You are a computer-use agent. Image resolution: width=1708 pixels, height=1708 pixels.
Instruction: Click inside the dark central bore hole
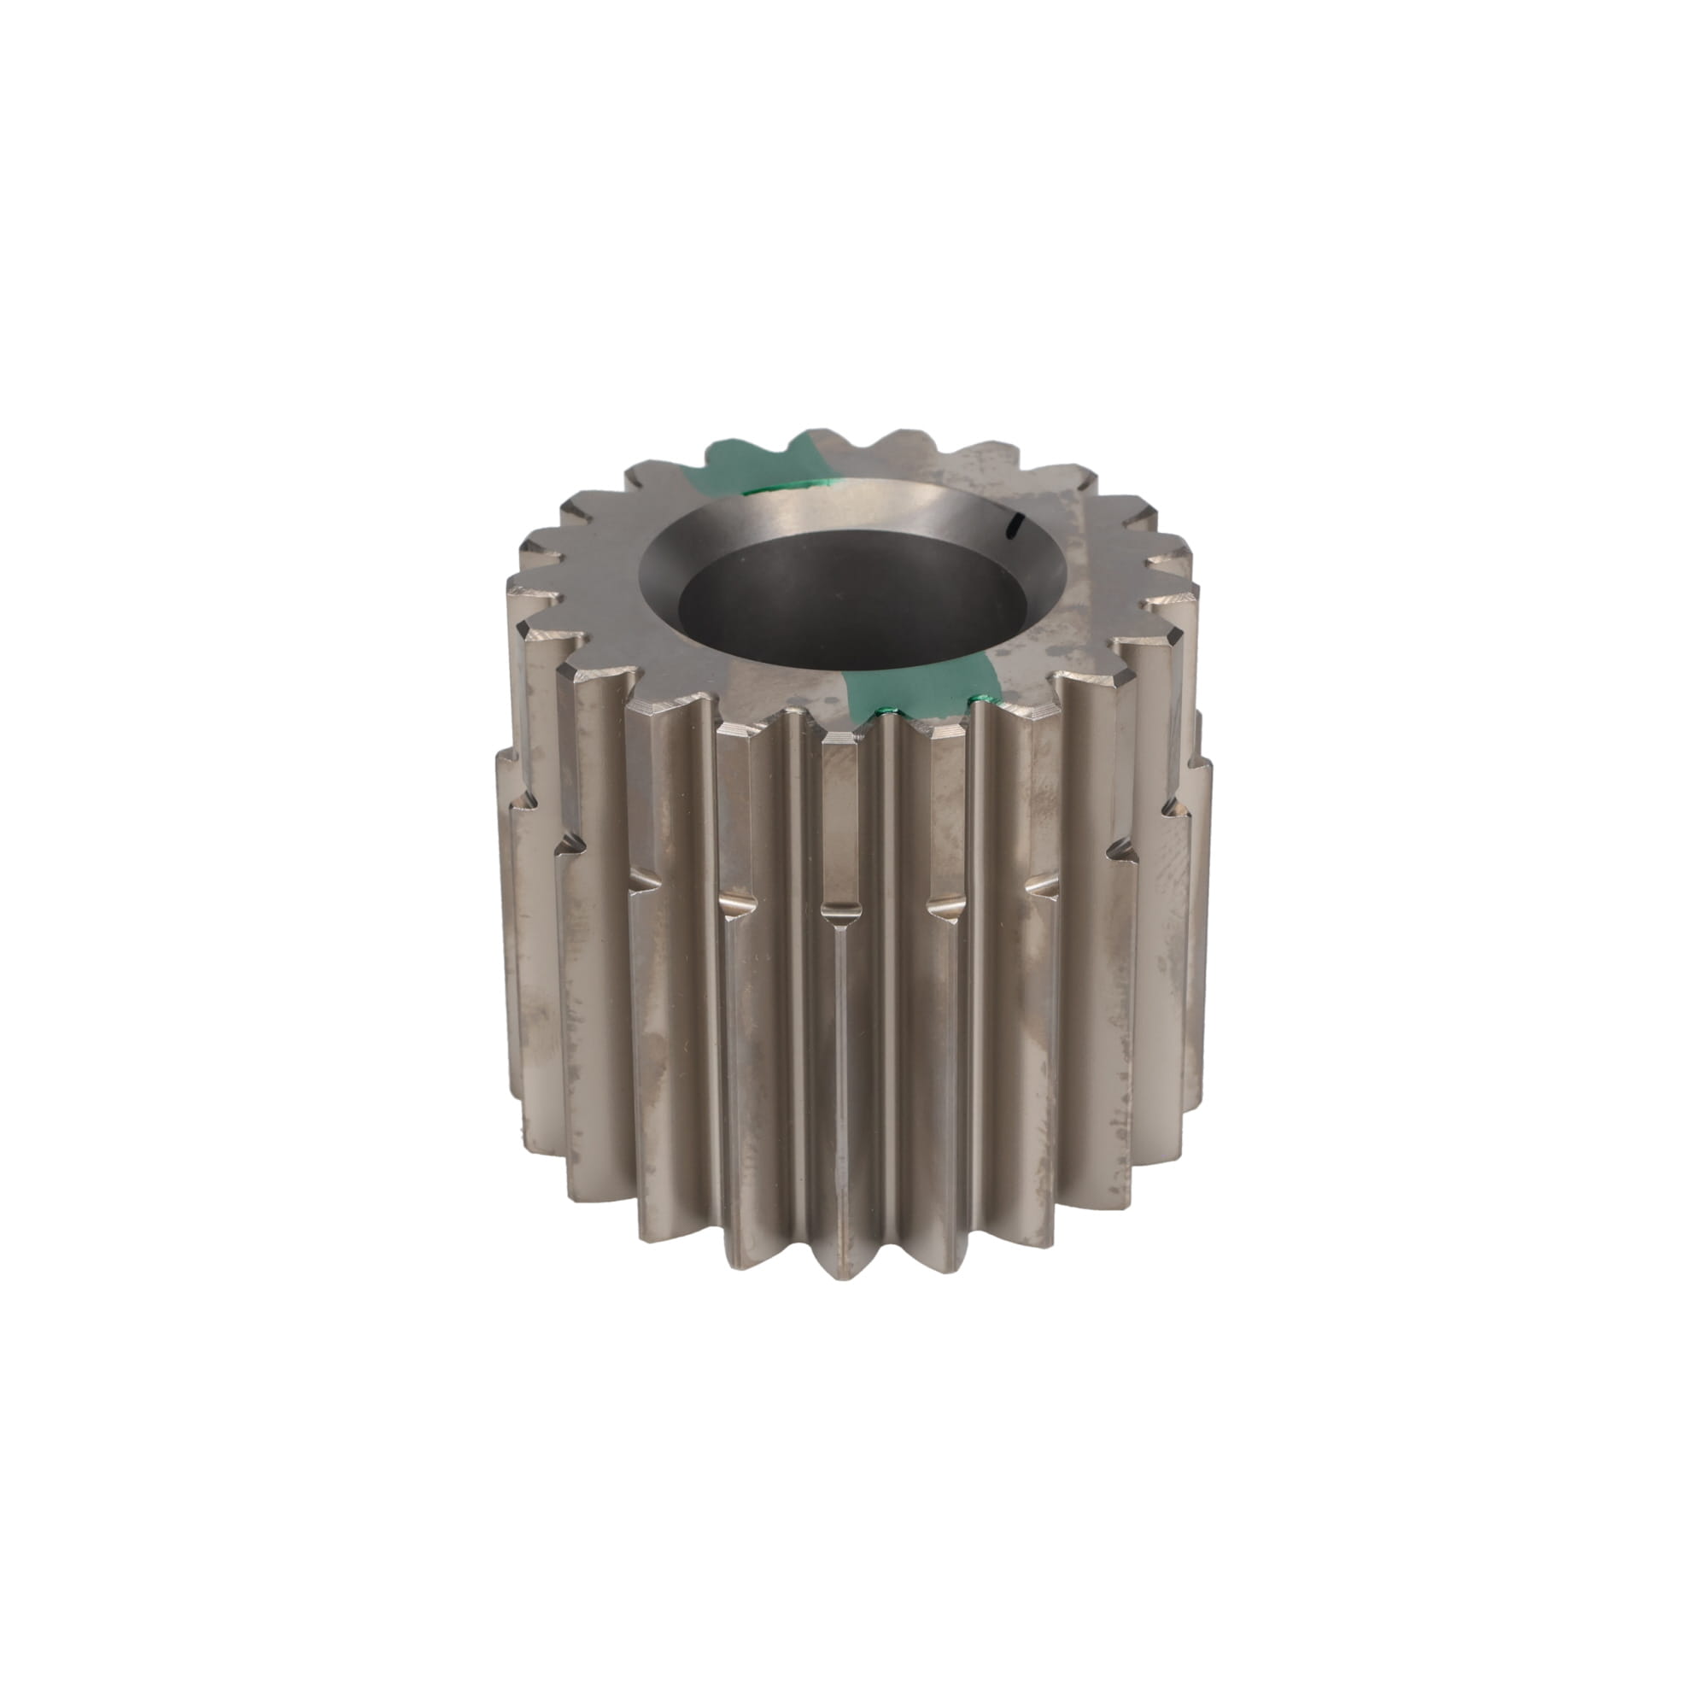point(853,601)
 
